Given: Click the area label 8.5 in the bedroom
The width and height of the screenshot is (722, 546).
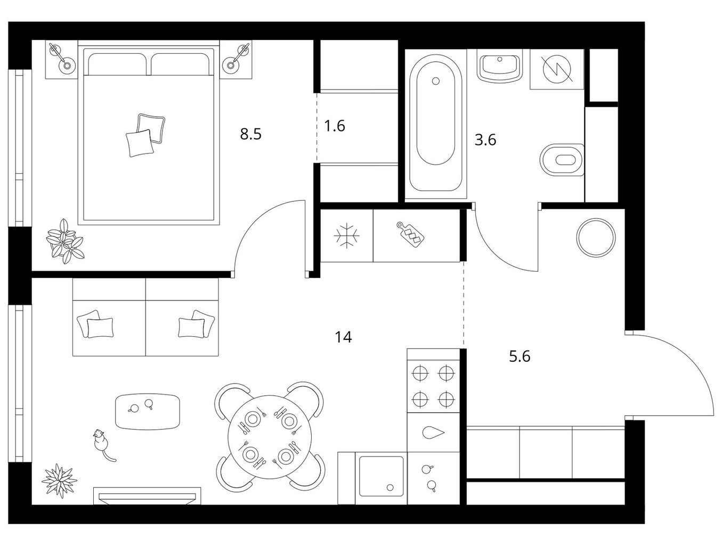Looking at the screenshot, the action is click(x=250, y=134).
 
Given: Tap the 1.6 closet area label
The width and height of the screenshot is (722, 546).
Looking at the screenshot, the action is click(x=335, y=126).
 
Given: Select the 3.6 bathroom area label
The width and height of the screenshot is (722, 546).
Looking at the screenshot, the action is click(x=485, y=140).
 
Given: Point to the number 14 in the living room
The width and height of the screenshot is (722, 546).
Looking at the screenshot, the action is click(x=343, y=337).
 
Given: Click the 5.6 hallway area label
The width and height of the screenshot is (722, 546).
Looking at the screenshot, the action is click(x=520, y=356).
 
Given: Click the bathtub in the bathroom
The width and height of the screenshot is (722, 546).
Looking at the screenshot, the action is click(x=435, y=123).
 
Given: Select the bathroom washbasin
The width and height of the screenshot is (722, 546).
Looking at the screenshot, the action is click(x=500, y=68).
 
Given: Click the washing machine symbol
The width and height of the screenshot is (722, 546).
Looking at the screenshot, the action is click(x=556, y=69).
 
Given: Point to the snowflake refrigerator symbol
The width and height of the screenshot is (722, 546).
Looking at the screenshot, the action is click(x=347, y=235).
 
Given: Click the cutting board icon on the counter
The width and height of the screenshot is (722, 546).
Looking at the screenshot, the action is click(x=410, y=234).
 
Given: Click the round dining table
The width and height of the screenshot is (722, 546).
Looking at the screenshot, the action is click(x=270, y=437).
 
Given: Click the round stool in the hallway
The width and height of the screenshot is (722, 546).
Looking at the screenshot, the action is click(x=596, y=238).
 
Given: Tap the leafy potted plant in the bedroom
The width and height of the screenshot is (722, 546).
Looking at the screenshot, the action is click(x=65, y=241).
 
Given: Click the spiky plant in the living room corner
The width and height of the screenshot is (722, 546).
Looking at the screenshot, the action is click(x=60, y=480).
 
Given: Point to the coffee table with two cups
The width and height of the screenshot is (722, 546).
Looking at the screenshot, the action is click(x=148, y=411).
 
